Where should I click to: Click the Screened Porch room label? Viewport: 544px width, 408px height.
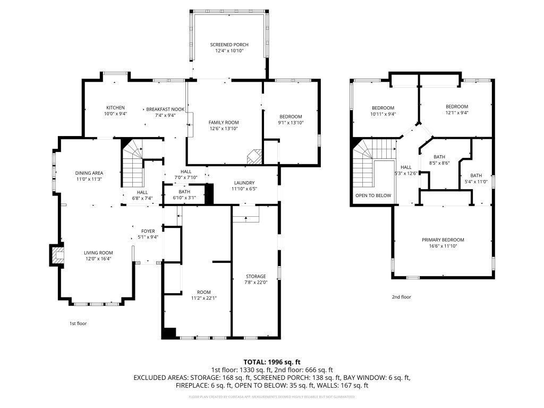pyautogui.click(x=229, y=45)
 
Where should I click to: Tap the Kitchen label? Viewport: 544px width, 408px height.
pyautogui.click(x=115, y=108)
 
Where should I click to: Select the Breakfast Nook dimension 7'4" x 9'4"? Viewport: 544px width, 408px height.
pyautogui.click(x=165, y=115)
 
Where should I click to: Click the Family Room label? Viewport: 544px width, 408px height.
pyautogui.click(x=223, y=122)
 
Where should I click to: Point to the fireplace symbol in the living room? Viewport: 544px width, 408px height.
pyautogui.click(x=56, y=254)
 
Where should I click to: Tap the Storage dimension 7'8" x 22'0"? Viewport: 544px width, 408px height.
pyautogui.click(x=256, y=283)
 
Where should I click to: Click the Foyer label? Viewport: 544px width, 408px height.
pyautogui.click(x=148, y=231)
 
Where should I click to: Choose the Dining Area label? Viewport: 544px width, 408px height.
pyautogui.click(x=89, y=173)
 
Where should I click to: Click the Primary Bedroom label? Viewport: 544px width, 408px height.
pyautogui.click(x=443, y=240)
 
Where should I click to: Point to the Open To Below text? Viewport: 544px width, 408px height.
pyautogui.click(x=373, y=195)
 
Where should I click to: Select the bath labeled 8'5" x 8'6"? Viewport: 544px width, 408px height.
pyautogui.click(x=439, y=163)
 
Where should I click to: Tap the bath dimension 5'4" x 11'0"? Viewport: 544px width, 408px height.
pyautogui.click(x=475, y=182)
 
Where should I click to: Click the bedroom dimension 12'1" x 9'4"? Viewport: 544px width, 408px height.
pyautogui.click(x=456, y=113)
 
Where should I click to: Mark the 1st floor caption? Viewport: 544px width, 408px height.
pyautogui.click(x=78, y=323)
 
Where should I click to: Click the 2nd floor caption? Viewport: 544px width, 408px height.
pyautogui.click(x=402, y=297)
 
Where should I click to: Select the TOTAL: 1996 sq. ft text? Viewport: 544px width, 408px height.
pyautogui.click(x=271, y=362)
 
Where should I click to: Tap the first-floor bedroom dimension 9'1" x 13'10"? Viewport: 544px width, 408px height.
pyautogui.click(x=291, y=123)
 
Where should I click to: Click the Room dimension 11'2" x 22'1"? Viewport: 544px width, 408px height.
pyautogui.click(x=204, y=299)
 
